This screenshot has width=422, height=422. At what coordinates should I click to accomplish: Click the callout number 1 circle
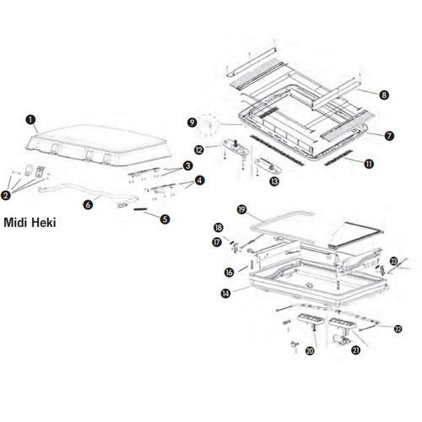pyautogui.click(x=30, y=120)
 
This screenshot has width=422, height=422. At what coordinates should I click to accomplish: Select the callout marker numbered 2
pyautogui.click(x=6, y=195)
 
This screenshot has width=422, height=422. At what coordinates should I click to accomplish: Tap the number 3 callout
pyautogui.click(x=187, y=165)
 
